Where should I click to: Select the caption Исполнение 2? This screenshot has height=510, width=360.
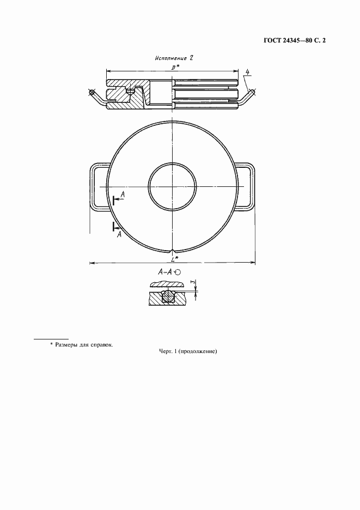[174, 58]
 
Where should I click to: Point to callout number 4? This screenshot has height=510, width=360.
[248, 72]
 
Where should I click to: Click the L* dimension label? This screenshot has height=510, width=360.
[175, 259]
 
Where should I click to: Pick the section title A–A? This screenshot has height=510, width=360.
[164, 271]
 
